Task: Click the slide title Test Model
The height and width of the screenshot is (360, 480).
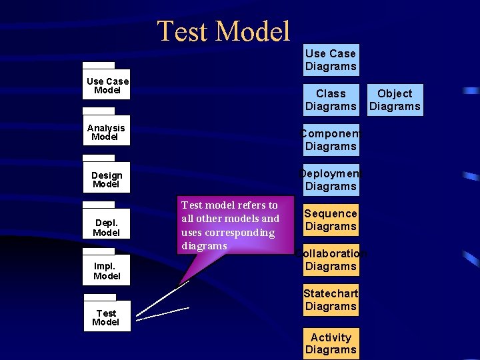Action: pyautogui.click(x=224, y=31)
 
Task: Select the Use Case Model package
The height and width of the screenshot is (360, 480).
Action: pyautogui.click(x=107, y=85)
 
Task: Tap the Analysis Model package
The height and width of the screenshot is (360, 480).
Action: pyautogui.click(x=106, y=132)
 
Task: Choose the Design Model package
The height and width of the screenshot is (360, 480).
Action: pyautogui.click(x=107, y=179)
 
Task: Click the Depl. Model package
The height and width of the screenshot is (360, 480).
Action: pyautogui.click(x=107, y=227)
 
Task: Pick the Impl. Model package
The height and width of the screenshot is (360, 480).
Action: pyautogui.click(x=107, y=271)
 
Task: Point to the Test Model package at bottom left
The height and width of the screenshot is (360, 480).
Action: pyautogui.click(x=106, y=317)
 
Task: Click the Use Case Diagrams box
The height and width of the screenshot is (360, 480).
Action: pyautogui.click(x=331, y=60)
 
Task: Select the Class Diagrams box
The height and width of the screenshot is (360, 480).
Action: pyautogui.click(x=331, y=100)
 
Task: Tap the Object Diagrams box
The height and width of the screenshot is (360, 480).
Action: pyautogui.click(x=395, y=100)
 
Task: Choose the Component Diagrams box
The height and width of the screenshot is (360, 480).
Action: pyautogui.click(x=331, y=140)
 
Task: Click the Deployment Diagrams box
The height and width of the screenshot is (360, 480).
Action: pyautogui.click(x=331, y=180)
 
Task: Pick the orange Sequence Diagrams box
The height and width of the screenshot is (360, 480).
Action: pyautogui.click(x=331, y=220)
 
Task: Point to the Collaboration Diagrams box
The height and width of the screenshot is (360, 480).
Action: pyautogui.click(x=331, y=260)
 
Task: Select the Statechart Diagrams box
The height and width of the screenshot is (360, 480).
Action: pyautogui.click(x=331, y=300)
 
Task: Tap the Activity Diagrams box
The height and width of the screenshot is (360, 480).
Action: pyautogui.click(x=331, y=343)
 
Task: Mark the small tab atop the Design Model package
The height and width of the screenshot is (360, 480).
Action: pyautogui.click(x=99, y=158)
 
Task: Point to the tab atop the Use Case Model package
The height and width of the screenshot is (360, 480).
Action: pyautogui.click(x=99, y=65)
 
